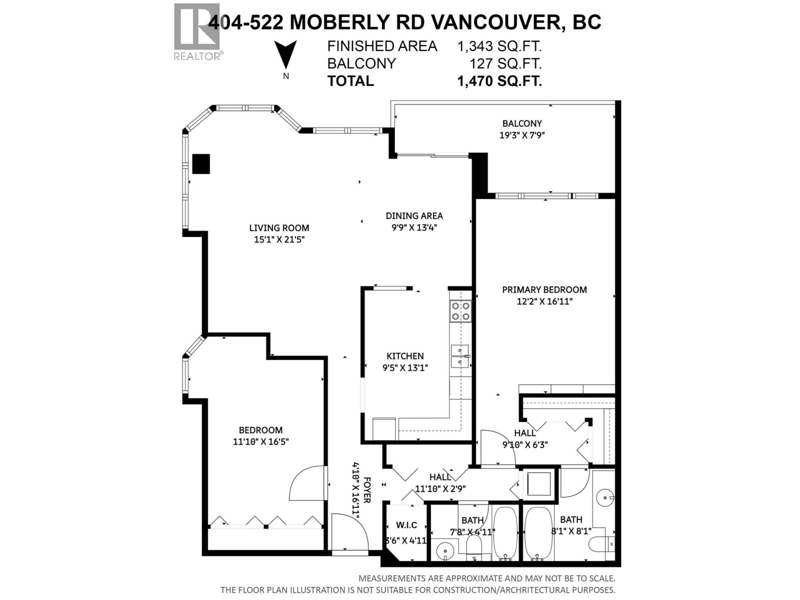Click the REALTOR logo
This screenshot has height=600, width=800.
pos(197,31)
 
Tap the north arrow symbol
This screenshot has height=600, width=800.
pos(285,54)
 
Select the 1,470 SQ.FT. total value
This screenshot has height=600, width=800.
pos(499,81)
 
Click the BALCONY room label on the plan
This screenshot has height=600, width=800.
pos(522,123)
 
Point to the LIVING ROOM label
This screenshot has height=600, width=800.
pos(279,228)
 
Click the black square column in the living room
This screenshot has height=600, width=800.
pos(201,163)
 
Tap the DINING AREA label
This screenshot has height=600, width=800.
pos(414,216)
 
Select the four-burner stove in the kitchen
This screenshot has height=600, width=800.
pos(460,310)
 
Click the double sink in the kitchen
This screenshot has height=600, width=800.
pos(460,356)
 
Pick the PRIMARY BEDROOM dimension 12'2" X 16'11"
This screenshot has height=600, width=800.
pos(544,301)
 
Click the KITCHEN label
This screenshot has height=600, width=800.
pos(405,356)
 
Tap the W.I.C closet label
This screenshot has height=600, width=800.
pos(406,525)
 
